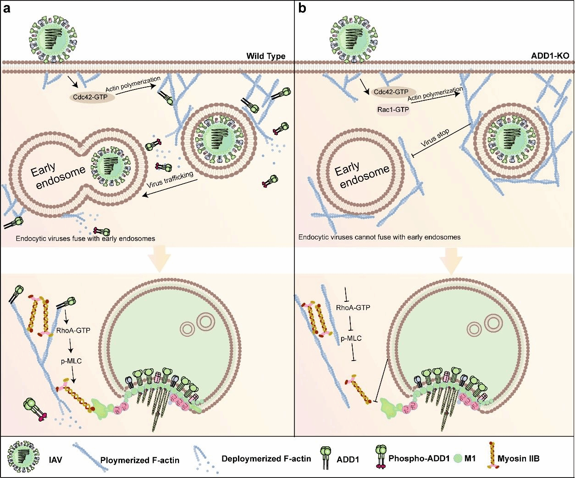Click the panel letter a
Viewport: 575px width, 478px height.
pos(6,9)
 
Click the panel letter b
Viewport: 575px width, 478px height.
pos(302,8)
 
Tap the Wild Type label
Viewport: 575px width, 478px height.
pos(266,56)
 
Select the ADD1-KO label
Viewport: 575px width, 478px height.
pos(550,56)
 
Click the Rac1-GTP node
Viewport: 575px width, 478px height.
pos(393,110)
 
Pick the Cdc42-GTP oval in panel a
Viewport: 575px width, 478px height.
pos(92,97)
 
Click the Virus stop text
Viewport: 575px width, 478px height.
pos(435,138)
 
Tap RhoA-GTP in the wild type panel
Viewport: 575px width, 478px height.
pos(73,330)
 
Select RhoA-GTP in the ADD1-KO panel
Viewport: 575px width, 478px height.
pos(353,307)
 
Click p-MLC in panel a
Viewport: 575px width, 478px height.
pos(72,361)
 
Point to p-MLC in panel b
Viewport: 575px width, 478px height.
pos(351,339)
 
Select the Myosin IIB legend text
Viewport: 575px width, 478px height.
pos(519,458)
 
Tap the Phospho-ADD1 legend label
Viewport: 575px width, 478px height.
pos(419,458)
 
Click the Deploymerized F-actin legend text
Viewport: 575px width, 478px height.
pos(266,459)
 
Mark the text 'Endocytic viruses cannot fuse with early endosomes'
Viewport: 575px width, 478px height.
pos(380,237)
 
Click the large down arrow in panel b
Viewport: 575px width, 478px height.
pos(451,261)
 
